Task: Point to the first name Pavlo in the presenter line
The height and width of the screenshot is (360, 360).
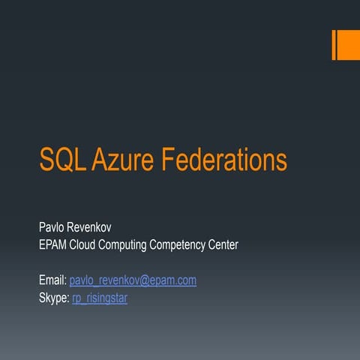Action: pyautogui.click(x=52, y=226)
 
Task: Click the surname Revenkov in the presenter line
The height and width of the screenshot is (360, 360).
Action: pyautogui.click(x=95, y=226)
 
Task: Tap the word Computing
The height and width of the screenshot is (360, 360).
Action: pyautogui.click(x=139, y=245)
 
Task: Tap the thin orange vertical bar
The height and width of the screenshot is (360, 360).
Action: pyautogui.click(x=334, y=45)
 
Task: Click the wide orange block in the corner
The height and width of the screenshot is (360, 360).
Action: pyautogui.click(x=349, y=45)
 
